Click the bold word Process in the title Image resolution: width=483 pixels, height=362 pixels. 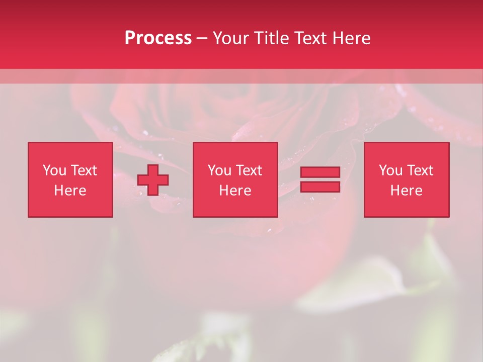(158, 38)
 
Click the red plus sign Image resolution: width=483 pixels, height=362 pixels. (153, 180)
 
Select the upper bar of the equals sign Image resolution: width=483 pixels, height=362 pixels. (320, 172)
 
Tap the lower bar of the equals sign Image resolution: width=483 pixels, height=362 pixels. (320, 187)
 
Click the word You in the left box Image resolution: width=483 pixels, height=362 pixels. (54, 170)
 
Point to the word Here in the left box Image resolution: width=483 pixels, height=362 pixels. (70, 191)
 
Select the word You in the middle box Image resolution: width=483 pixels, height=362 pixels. (219, 170)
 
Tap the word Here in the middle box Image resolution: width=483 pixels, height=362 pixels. (235, 191)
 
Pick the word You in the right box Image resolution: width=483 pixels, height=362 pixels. (390, 170)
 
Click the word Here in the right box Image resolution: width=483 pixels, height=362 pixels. (406, 191)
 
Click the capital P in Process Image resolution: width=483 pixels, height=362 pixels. (130, 38)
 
